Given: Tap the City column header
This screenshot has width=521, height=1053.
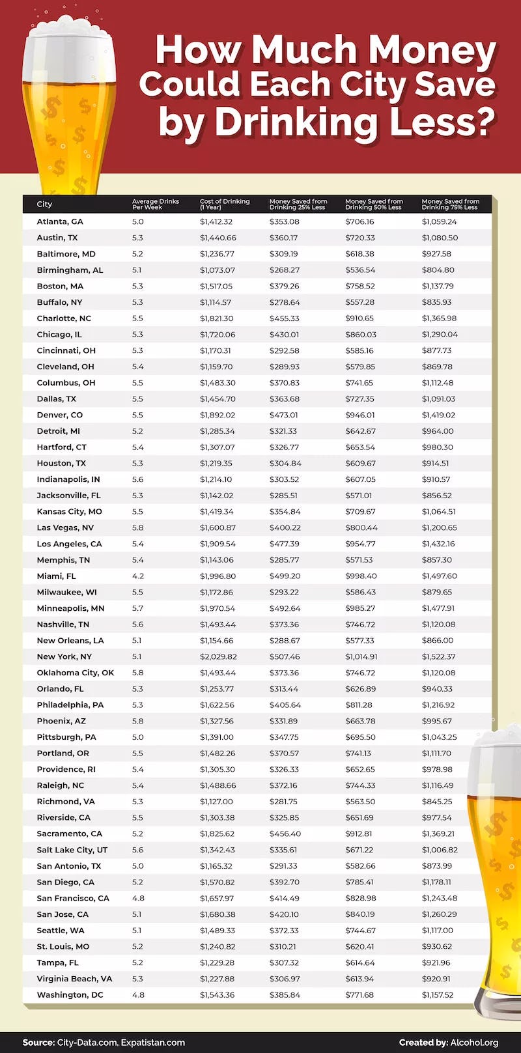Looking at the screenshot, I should [44, 204].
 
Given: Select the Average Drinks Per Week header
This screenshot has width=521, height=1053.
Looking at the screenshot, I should [155, 204].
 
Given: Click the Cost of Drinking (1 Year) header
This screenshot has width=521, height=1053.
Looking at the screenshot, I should [224, 204].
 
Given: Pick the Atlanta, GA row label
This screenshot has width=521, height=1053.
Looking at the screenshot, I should [60, 221].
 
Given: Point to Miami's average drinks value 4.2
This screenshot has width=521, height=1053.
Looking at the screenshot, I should [137, 576].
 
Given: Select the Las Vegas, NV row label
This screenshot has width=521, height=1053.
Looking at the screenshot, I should [65, 527].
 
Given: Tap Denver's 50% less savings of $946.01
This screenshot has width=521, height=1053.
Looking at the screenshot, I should [359, 415].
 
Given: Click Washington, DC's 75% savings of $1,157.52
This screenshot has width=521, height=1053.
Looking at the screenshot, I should [438, 995].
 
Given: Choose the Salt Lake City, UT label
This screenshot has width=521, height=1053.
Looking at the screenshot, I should [72, 850].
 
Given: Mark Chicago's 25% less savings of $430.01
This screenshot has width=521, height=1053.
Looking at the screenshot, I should [284, 334].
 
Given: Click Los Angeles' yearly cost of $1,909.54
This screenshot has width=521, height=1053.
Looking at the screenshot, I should [216, 544].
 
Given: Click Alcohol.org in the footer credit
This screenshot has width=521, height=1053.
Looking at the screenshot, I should [473, 1043].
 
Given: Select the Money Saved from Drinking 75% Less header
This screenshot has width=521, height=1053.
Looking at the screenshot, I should [450, 204].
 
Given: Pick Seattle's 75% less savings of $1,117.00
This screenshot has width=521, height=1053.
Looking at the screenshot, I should [438, 931].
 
